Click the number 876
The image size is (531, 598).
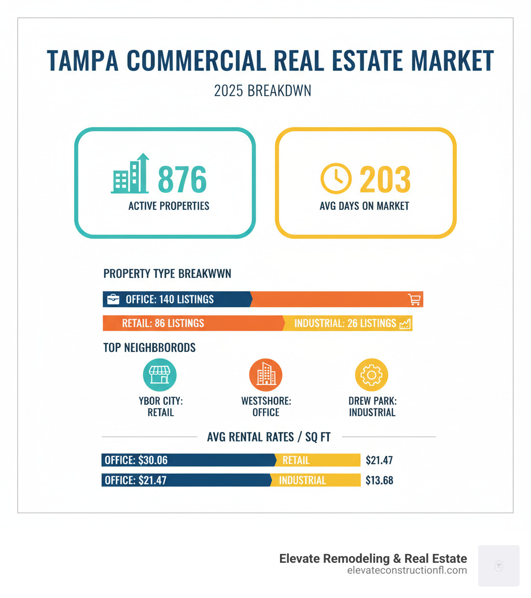click(x=182, y=179)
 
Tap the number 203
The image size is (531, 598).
click(x=385, y=179)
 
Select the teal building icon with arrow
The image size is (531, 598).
click(x=130, y=175)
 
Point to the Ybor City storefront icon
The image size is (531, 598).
click(x=160, y=375)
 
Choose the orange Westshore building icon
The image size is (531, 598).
click(x=265, y=375)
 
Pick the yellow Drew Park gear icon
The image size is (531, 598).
click(x=371, y=375)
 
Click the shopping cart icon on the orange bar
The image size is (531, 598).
click(x=414, y=300)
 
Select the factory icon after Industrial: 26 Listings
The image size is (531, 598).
click(x=405, y=323)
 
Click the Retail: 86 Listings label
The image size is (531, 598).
click(x=163, y=323)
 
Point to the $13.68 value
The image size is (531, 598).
click(x=379, y=480)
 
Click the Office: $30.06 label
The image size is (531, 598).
click(x=136, y=460)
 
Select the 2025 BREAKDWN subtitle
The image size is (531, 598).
click(x=262, y=91)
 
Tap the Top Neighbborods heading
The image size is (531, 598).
click(x=149, y=348)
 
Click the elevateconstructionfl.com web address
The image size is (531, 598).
click(x=407, y=571)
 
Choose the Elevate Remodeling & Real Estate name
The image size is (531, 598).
click(x=373, y=558)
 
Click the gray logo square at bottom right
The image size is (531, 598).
click(x=498, y=565)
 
